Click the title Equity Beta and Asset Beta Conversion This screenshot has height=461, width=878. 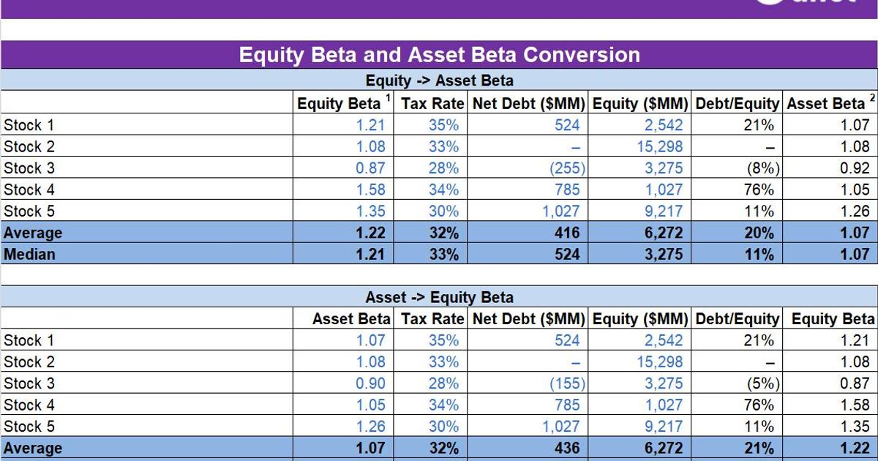pyautogui.click(x=439, y=55)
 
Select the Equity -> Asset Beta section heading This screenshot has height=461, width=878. pyautogui.click(x=439, y=80)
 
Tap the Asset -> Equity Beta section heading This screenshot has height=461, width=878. pyautogui.click(x=439, y=297)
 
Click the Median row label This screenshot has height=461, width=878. pyautogui.click(x=29, y=255)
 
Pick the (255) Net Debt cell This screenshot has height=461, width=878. pyautogui.click(x=567, y=168)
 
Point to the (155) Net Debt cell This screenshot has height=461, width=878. pyautogui.click(x=567, y=383)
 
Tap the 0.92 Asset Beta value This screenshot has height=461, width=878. pyautogui.click(x=855, y=168)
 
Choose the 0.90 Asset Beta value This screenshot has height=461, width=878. pyautogui.click(x=370, y=383)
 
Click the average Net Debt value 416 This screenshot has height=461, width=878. pyautogui.click(x=567, y=233)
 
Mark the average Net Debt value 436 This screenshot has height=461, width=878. pyautogui.click(x=567, y=449)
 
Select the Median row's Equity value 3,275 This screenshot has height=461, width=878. pyautogui.click(x=664, y=255)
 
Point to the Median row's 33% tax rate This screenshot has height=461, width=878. pyautogui.click(x=443, y=255)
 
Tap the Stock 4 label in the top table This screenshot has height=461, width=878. pyautogui.click(x=29, y=190)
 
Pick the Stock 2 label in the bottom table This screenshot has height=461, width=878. pyautogui.click(x=29, y=362)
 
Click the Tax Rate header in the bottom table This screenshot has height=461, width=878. pyautogui.click(x=432, y=319)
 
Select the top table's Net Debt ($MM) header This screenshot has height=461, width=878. pyautogui.click(x=529, y=104)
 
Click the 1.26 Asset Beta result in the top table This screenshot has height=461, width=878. pyautogui.click(x=855, y=211)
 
